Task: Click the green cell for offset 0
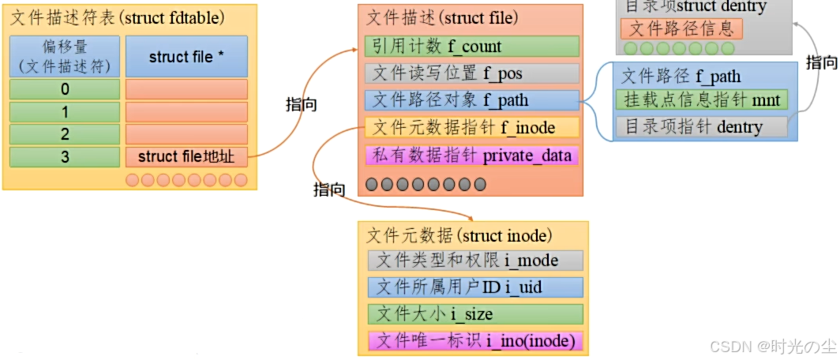[65, 89]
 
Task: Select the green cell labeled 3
[65, 157]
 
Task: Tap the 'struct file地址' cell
[186, 157]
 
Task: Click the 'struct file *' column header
[186, 57]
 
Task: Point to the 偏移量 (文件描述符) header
[65, 56]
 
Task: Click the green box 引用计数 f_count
[472, 47]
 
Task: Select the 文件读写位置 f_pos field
[472, 74]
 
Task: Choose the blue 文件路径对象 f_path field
[472, 100]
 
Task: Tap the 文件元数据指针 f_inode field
[472, 127]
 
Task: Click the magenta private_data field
[472, 155]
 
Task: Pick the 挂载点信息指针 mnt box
[701, 100]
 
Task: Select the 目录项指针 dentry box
[701, 127]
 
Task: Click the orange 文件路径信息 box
[681, 29]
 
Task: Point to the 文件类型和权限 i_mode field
[475, 261]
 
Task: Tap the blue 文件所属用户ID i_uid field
[475, 287]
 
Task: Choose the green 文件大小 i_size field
[475, 314]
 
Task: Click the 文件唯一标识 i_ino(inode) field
[475, 341]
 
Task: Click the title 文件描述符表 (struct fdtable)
[117, 16]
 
